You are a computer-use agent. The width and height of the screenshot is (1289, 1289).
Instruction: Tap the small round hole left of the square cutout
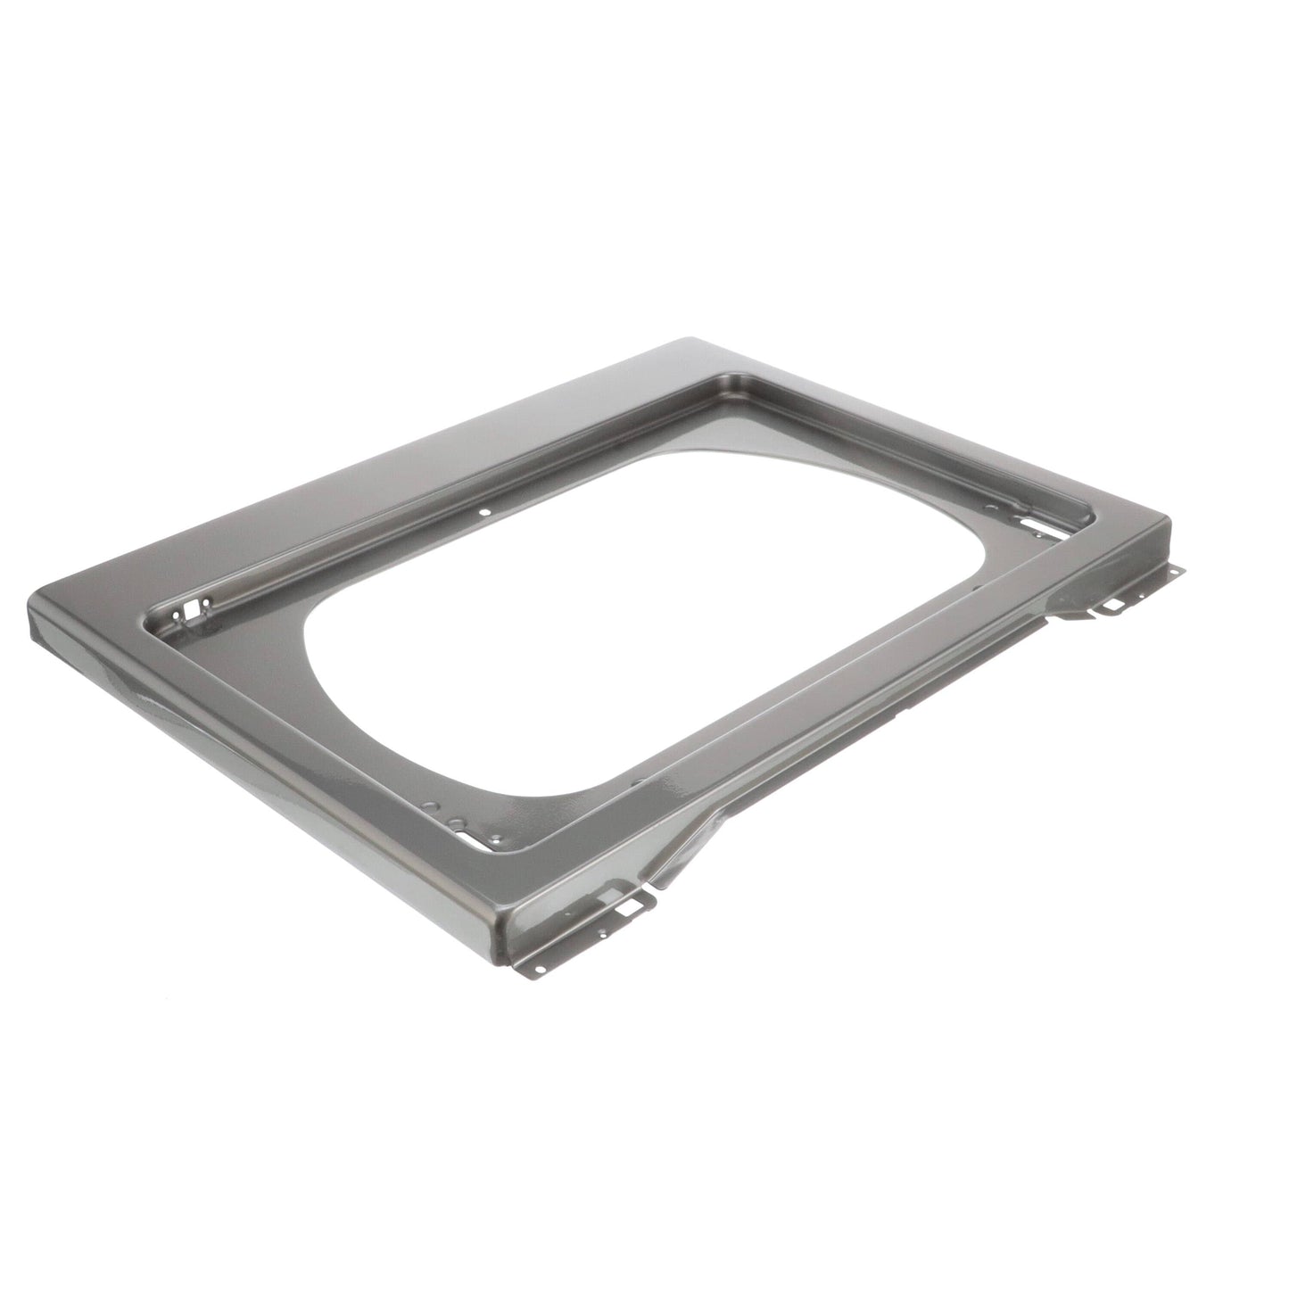[x=176, y=616]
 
